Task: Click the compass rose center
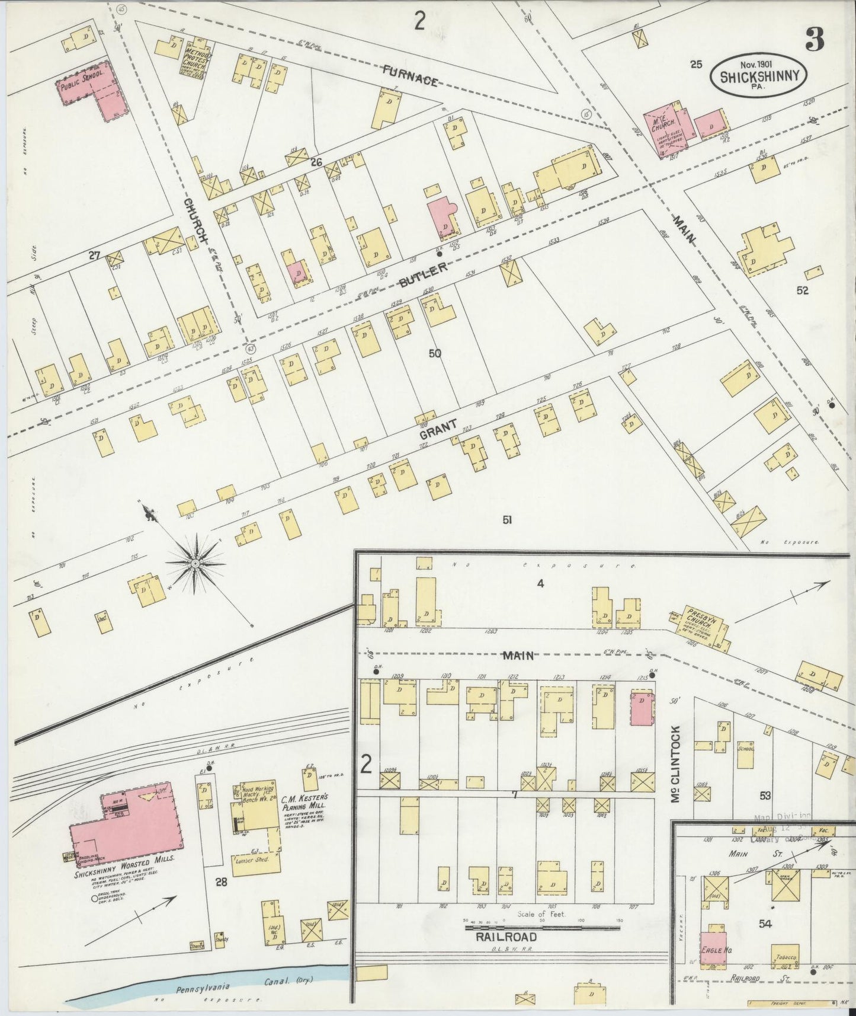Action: [x=195, y=561]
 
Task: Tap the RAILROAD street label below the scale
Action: [x=506, y=937]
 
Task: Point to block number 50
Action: [x=435, y=354]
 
